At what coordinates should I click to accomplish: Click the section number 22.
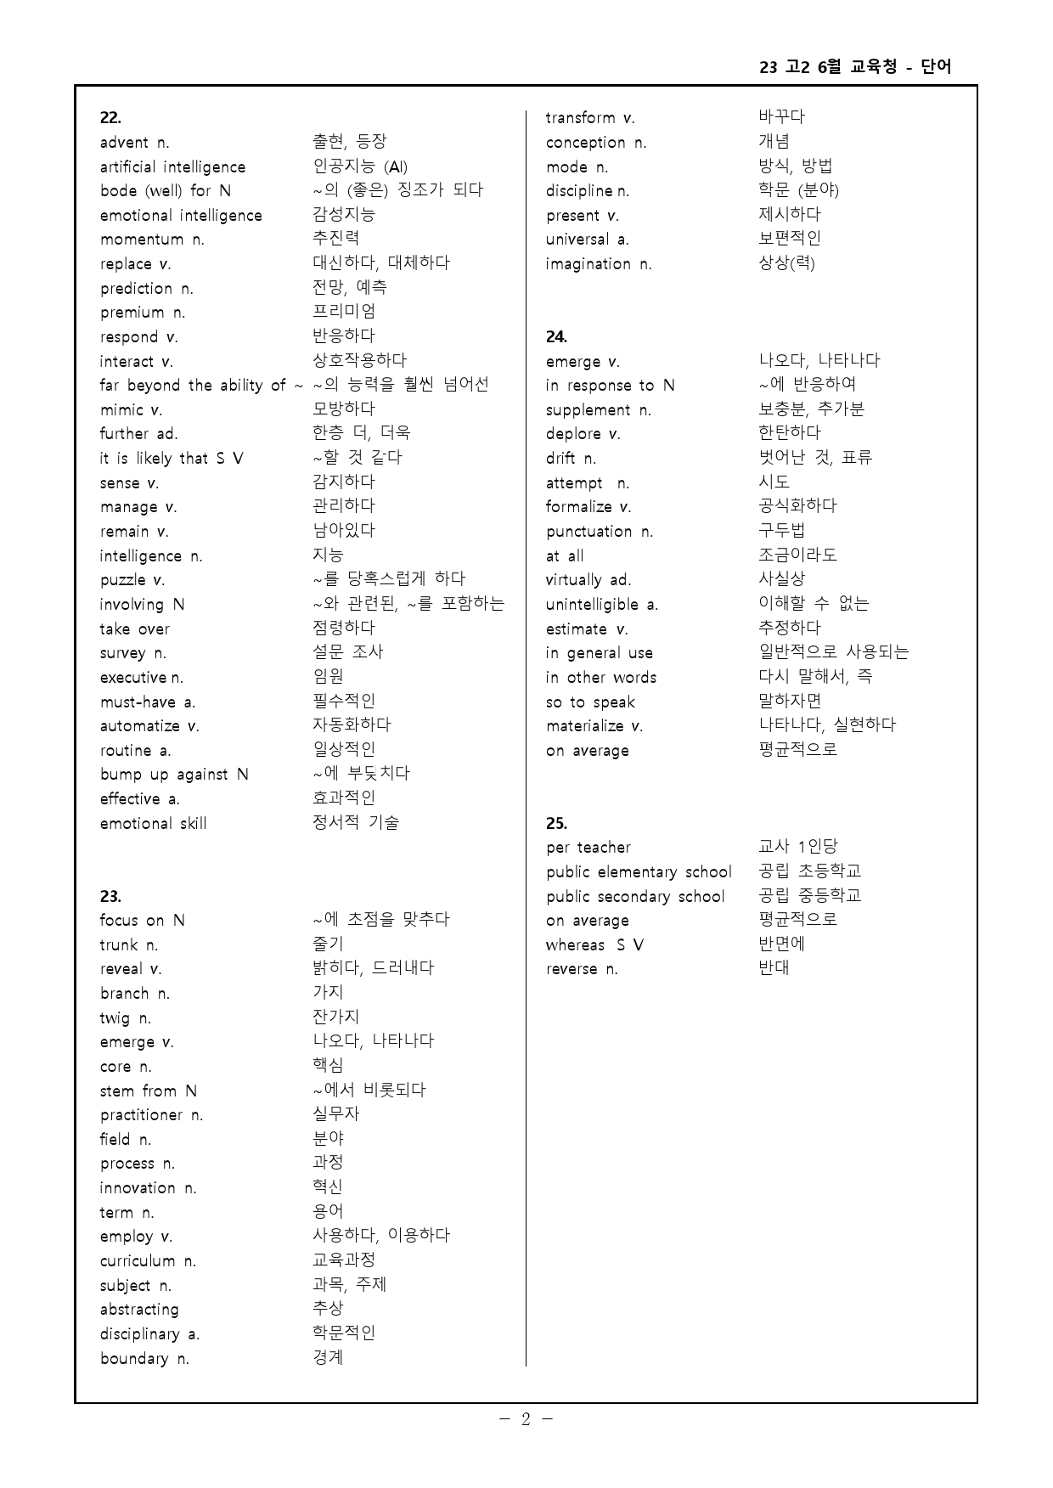(110, 118)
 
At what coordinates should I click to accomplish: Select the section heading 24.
(556, 337)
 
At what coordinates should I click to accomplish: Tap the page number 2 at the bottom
(526, 1419)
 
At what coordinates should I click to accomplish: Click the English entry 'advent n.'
(134, 143)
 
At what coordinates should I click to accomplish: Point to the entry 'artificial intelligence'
(172, 167)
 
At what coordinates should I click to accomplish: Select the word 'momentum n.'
(152, 240)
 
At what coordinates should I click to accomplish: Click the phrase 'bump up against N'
(174, 775)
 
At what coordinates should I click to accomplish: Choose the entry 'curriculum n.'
(148, 1261)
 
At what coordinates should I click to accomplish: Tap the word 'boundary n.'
(144, 1359)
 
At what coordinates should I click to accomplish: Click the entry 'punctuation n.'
(600, 532)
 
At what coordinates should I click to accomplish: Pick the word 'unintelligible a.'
(602, 605)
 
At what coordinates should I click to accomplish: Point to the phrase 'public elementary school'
(639, 872)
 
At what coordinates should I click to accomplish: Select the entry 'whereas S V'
(594, 945)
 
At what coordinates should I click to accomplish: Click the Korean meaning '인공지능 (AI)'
(360, 166)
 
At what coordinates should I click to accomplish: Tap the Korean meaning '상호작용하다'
(360, 360)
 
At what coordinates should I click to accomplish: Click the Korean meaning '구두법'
(781, 531)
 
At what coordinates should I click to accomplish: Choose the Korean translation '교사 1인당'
(797, 847)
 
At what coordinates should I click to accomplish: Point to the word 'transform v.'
(590, 118)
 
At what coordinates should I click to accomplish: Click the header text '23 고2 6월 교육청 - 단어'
(855, 67)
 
